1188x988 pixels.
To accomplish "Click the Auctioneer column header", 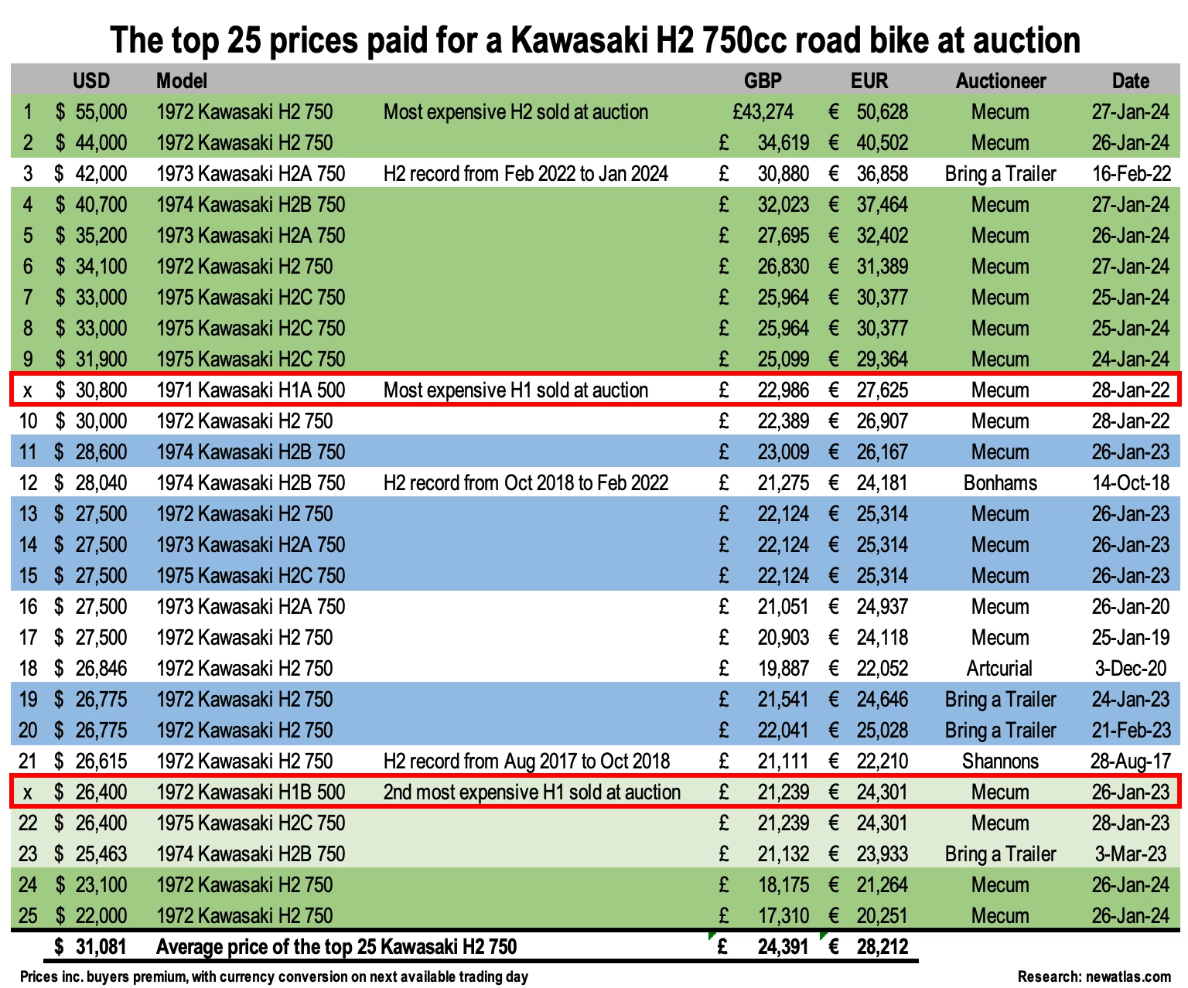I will tap(1000, 81).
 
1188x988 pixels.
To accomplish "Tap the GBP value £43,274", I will tap(763, 112).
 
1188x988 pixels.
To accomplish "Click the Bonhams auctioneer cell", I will tap(1000, 483).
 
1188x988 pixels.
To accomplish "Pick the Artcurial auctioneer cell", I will tap(1000, 669).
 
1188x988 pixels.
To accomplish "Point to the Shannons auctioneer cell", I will tap(1000, 761).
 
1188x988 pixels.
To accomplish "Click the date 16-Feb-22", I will tap(1130, 174).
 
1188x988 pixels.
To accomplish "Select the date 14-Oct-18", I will tap(1130, 483).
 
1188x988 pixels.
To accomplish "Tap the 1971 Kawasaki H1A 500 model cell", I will tap(251, 390).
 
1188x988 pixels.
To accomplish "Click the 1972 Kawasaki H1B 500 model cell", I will tap(251, 792).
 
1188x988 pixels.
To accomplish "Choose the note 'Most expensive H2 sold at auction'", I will tap(516, 112).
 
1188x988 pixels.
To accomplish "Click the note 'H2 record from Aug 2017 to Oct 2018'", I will tap(527, 761).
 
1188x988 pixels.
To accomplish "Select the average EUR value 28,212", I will tap(882, 947).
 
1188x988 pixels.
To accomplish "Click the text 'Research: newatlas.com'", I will tap(1094, 976).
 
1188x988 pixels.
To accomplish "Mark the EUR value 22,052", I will tap(882, 669).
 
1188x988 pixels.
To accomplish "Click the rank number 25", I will tap(28, 916).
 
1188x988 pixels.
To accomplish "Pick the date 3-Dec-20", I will tap(1130, 669).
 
